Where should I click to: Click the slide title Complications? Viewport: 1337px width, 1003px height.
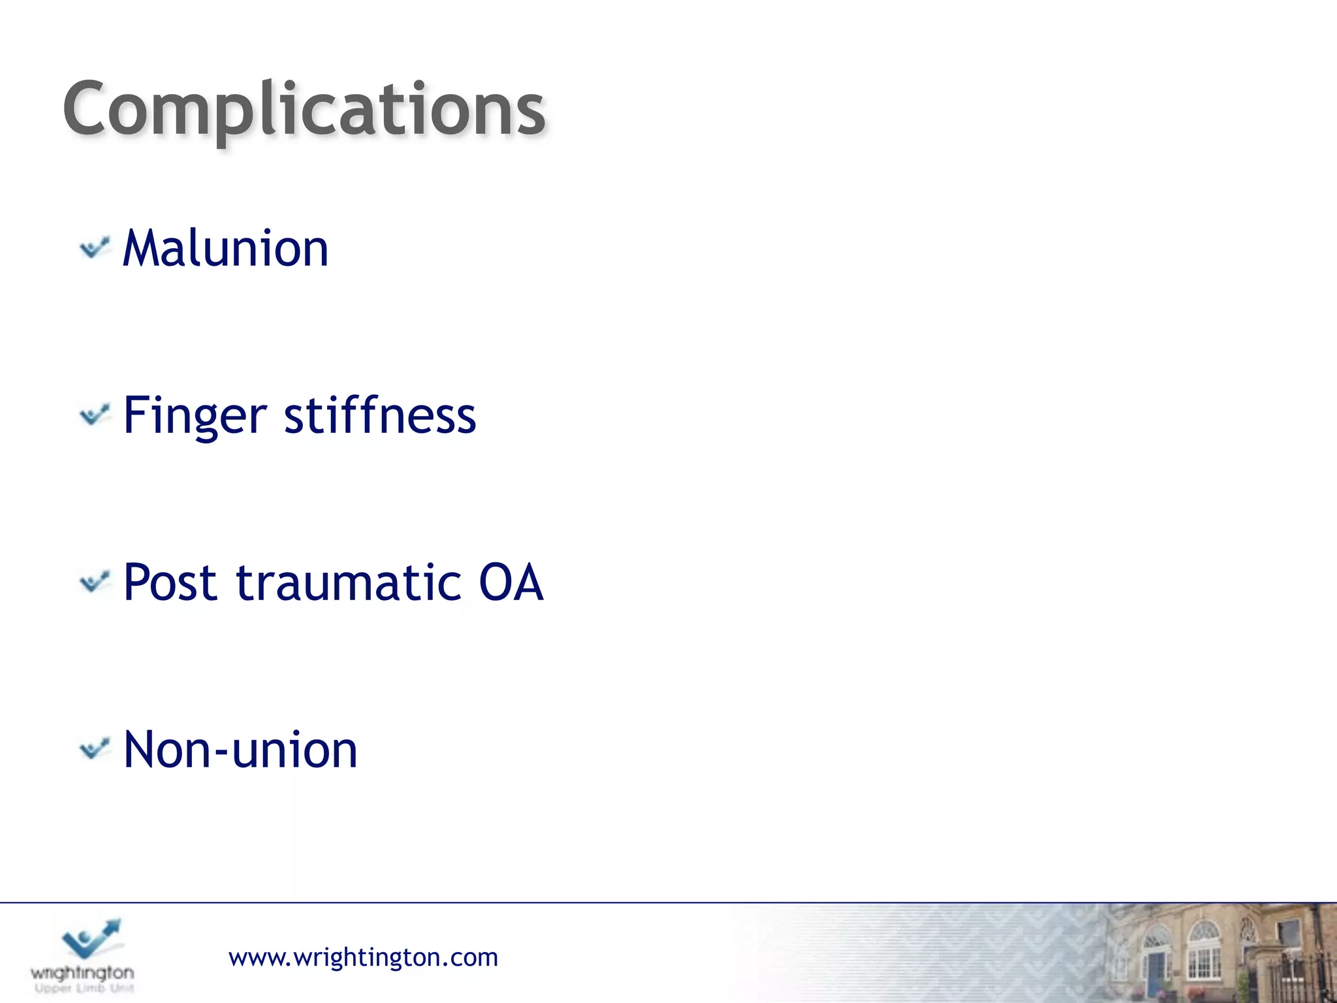(304, 110)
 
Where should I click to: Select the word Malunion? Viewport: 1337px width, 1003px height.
(226, 249)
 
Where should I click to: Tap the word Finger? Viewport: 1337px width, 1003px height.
(195, 416)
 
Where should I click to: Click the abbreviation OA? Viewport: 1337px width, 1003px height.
(511, 582)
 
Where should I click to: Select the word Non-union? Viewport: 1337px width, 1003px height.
(240, 750)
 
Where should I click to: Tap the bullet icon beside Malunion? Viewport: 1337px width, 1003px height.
(95, 248)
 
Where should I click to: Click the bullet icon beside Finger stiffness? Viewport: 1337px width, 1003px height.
(95, 415)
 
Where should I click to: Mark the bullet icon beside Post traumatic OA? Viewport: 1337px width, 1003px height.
(95, 581)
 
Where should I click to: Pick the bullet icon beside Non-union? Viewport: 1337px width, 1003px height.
(95, 748)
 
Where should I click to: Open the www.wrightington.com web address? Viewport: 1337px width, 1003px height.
(363, 957)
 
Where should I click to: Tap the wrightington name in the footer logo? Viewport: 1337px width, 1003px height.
(82, 973)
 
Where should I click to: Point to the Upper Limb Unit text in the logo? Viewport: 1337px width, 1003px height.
(84, 989)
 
